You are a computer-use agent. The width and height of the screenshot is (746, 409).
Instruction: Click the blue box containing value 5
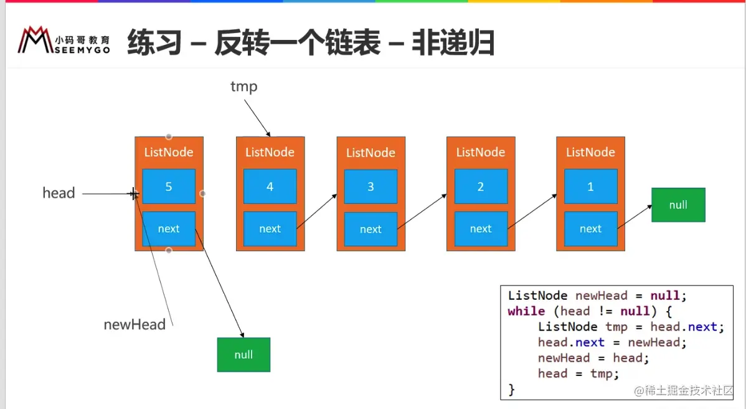[x=169, y=186]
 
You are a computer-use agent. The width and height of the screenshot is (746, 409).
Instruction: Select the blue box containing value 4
[x=270, y=186]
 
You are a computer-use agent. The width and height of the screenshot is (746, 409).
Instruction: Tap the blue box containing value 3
[x=371, y=186]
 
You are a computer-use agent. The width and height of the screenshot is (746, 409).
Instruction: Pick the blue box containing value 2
[x=481, y=186]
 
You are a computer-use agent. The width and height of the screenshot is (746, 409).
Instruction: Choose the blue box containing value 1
[x=590, y=186]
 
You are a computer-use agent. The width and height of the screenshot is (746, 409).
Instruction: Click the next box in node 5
[x=169, y=229]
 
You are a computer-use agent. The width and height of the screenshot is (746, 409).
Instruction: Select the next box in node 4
[x=270, y=229]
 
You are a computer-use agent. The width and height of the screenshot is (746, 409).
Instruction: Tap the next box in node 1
[x=590, y=229]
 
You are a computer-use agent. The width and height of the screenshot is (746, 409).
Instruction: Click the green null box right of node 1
[x=678, y=205]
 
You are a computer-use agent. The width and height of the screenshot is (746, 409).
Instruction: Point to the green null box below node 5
[x=243, y=354]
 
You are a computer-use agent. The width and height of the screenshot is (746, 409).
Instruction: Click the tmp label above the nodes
[x=243, y=87]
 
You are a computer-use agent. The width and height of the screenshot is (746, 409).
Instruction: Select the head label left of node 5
[x=59, y=193]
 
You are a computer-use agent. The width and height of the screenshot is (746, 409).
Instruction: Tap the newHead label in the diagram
[x=135, y=324]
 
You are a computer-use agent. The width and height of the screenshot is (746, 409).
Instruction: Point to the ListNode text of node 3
[x=371, y=153]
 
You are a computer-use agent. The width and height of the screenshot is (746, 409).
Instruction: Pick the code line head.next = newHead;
[x=612, y=342]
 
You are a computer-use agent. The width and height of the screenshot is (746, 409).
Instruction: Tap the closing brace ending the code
[x=512, y=389]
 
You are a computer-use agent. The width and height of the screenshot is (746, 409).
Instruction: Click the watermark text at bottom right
[x=684, y=391]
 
